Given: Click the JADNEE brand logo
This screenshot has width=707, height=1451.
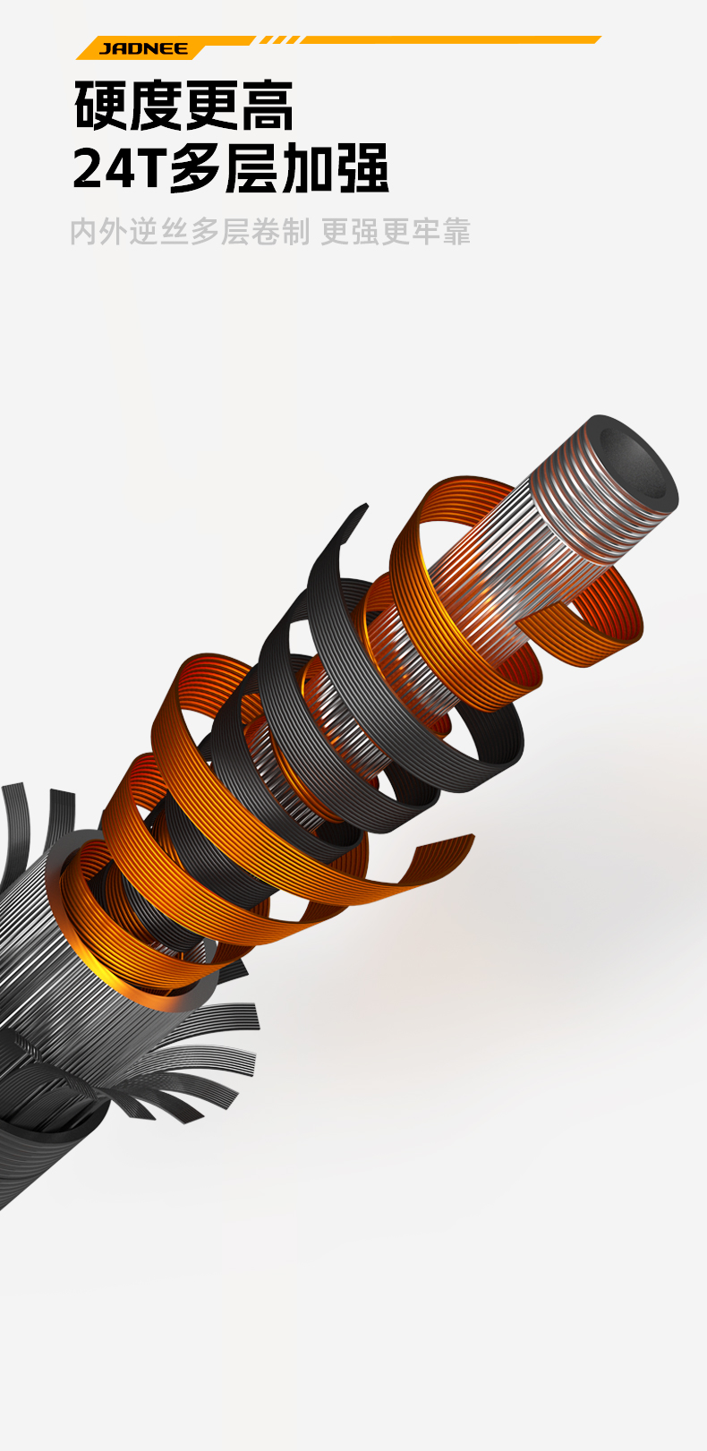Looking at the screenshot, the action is point(144,49).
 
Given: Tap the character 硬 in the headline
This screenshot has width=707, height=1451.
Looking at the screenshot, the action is point(101,106).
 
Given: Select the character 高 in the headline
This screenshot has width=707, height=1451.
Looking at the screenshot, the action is point(268,106).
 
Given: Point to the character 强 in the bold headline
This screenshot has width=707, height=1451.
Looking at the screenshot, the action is point(363,167).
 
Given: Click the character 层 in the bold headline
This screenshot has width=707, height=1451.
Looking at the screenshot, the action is point(253,167).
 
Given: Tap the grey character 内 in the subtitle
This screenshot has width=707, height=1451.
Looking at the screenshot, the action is point(83,232).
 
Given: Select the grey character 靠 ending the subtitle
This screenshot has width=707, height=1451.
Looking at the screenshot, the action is point(457,232).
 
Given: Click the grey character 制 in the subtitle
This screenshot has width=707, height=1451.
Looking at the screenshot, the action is point(296,232).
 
